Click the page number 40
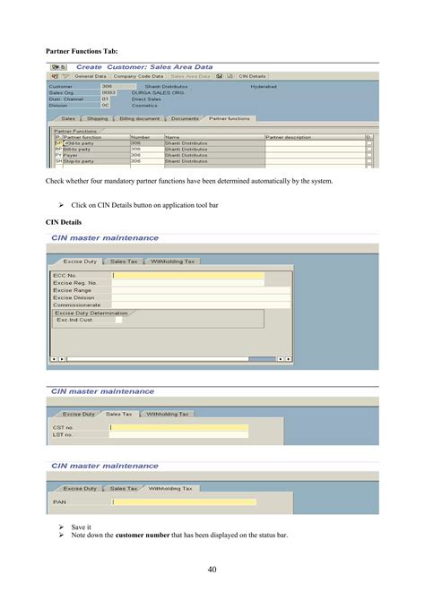pyautogui.click(x=212, y=570)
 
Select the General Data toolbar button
pyautogui.click(x=90, y=76)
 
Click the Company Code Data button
pyautogui.click(x=138, y=76)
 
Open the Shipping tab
pyautogui.click(x=97, y=118)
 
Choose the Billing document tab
pyautogui.click(x=138, y=118)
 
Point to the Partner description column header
pyautogui.click(x=289, y=137)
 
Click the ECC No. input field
pyautogui.click(x=188, y=276)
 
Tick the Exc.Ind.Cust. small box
pyautogui.click(x=117, y=320)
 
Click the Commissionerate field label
pyautogui.click(x=77, y=304)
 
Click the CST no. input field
pyautogui.click(x=179, y=427)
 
